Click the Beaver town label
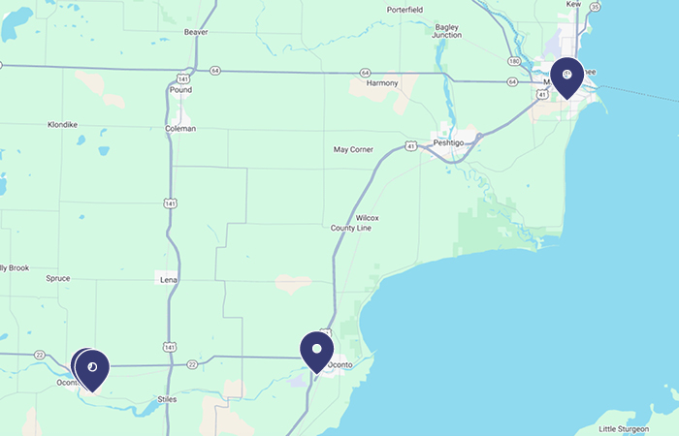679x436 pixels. (196, 32)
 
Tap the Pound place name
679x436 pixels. (180, 90)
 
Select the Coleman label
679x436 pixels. (180, 128)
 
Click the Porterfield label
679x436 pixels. (404, 10)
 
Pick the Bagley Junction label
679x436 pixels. (447, 31)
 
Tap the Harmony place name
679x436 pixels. (382, 83)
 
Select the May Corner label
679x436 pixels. (353, 150)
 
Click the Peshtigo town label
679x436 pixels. (449, 142)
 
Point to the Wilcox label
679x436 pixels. (367, 218)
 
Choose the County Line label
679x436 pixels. (351, 228)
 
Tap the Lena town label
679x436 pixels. (169, 279)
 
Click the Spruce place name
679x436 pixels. (57, 278)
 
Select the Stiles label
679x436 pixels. (166, 399)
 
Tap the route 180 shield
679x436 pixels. (513, 61)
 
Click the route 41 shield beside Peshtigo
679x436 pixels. (412, 145)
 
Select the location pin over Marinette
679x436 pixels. (566, 76)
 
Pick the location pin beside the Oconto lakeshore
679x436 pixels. (317, 350)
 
